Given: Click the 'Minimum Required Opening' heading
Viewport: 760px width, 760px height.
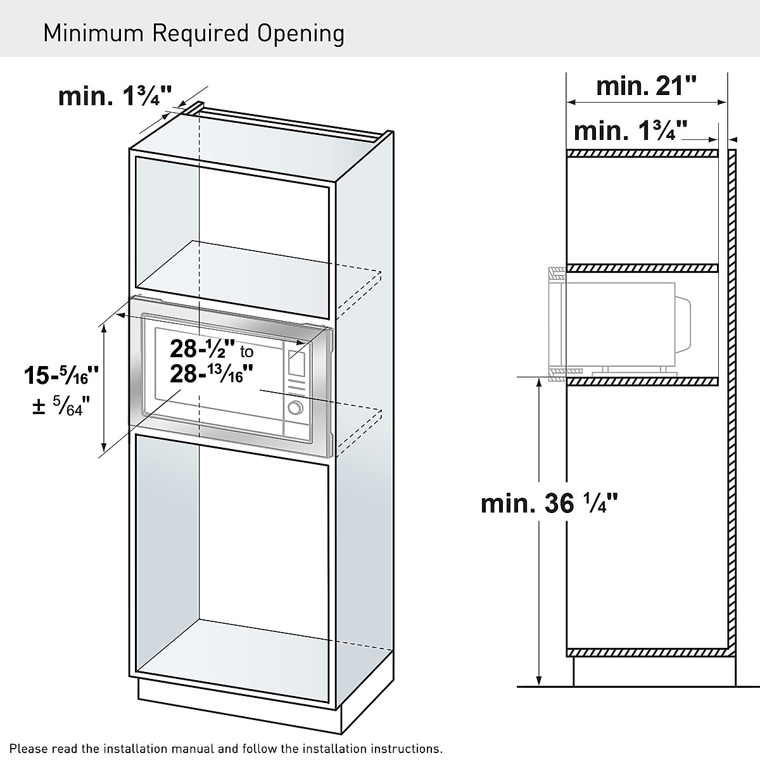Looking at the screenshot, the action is (194, 33).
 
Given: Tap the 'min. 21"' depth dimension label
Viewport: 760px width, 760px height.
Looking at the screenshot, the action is (646, 85).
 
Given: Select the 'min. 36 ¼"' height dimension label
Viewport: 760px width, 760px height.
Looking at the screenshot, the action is (549, 503).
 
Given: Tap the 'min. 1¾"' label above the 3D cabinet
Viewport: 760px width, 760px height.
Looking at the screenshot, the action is (115, 96).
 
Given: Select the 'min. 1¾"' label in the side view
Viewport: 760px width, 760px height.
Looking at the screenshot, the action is (630, 131).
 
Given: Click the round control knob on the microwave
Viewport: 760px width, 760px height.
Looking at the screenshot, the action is (294, 408).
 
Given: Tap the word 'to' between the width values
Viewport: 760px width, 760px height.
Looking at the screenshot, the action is (246, 352).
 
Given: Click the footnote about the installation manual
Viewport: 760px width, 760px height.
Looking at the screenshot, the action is (226, 749).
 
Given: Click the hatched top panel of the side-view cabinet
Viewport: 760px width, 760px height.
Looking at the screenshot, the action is (642, 153).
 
